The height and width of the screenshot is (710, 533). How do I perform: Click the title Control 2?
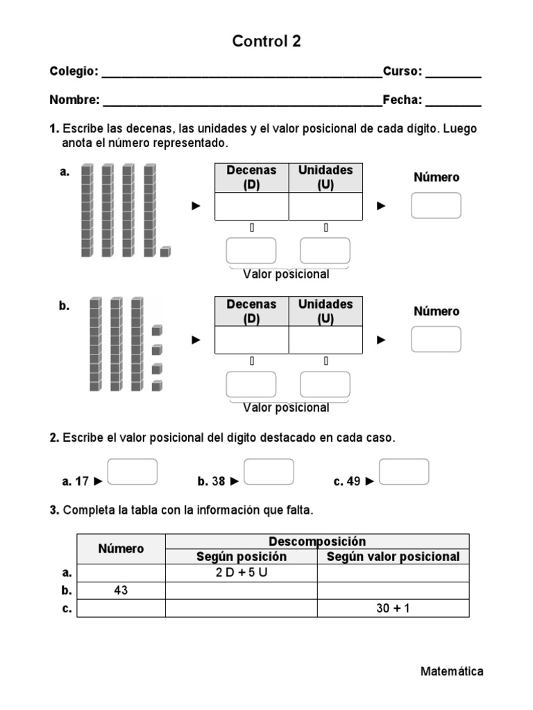pyautogui.click(x=266, y=42)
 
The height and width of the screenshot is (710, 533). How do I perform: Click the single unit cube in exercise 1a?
pyautogui.click(x=165, y=251)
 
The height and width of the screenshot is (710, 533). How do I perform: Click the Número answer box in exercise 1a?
pyautogui.click(x=436, y=205)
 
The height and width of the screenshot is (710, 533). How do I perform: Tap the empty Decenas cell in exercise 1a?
pyautogui.click(x=251, y=206)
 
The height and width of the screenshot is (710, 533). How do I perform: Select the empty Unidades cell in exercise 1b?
pyautogui.click(x=325, y=340)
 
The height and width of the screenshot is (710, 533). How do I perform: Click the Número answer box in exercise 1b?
pyautogui.click(x=436, y=339)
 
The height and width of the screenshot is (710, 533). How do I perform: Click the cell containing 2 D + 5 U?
pyautogui.click(x=241, y=573)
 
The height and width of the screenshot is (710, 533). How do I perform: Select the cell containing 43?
pyautogui.click(x=121, y=591)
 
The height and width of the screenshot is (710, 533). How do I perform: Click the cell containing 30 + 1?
pyautogui.click(x=393, y=608)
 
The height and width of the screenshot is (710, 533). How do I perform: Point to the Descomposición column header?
pyautogui.click(x=317, y=541)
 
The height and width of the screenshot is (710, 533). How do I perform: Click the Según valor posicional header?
pyautogui.click(x=393, y=556)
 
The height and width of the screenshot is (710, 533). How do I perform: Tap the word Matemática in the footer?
pyautogui.click(x=452, y=671)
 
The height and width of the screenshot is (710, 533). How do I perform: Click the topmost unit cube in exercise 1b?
pyautogui.click(x=157, y=330)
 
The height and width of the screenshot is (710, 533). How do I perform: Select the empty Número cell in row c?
pyautogui.click(x=121, y=608)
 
